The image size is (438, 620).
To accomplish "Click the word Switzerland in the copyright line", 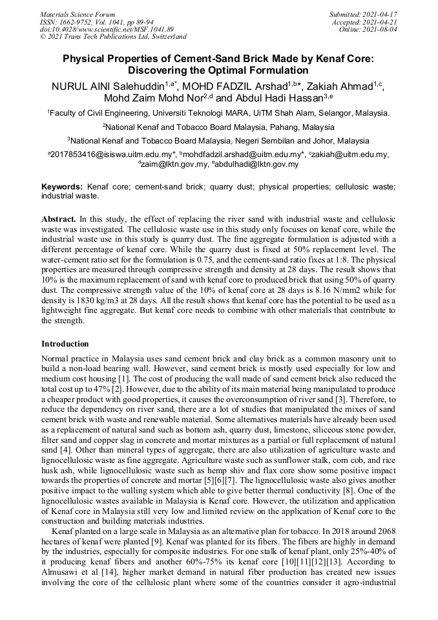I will click(163, 37).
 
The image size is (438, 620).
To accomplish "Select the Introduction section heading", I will click(65, 344).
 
